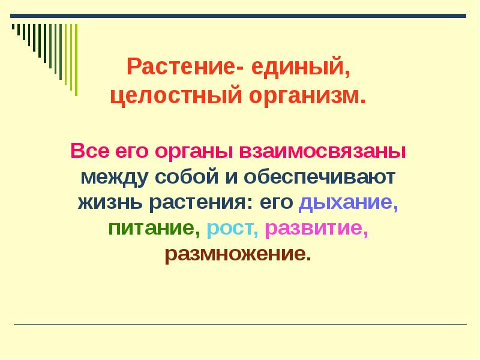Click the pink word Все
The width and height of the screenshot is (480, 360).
coord(89,151)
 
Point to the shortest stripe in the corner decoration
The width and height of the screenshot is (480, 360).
coord(13,28)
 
